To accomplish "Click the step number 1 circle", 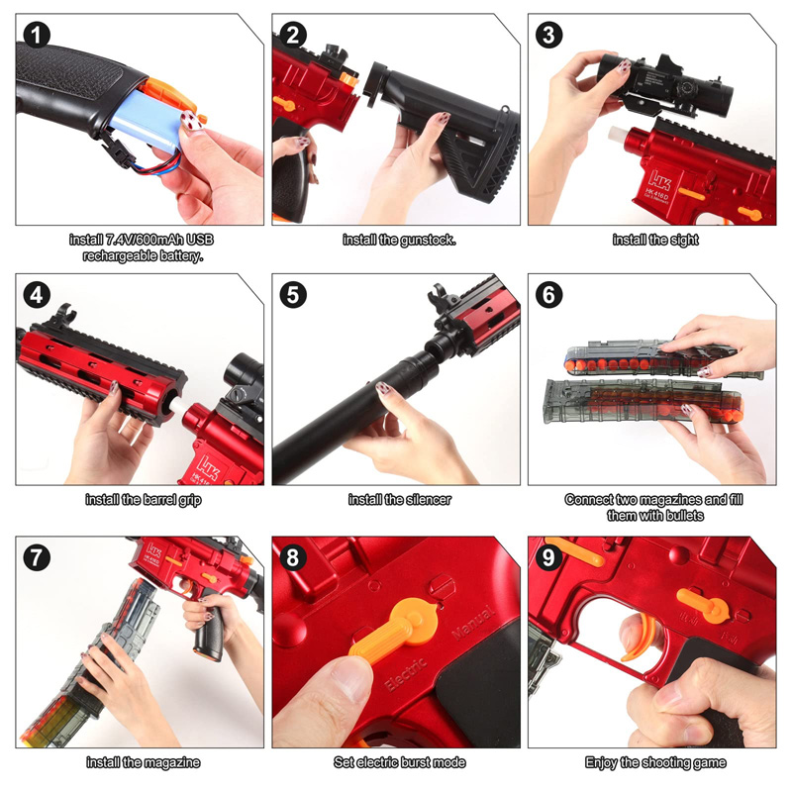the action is coord(37,35).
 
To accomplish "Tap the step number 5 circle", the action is coord(293,294).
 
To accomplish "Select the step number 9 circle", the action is coord(548,557).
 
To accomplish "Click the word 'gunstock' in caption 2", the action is coord(426,240).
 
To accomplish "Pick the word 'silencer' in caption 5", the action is coord(428,500).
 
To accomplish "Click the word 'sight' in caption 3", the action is coord(684,240).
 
